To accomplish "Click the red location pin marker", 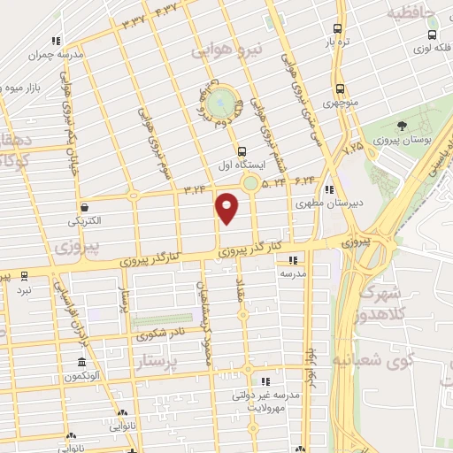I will (x=227, y=207).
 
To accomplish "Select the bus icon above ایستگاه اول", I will (x=242, y=150).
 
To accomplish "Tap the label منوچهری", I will (x=341, y=104).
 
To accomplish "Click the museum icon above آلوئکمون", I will (x=81, y=364).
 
